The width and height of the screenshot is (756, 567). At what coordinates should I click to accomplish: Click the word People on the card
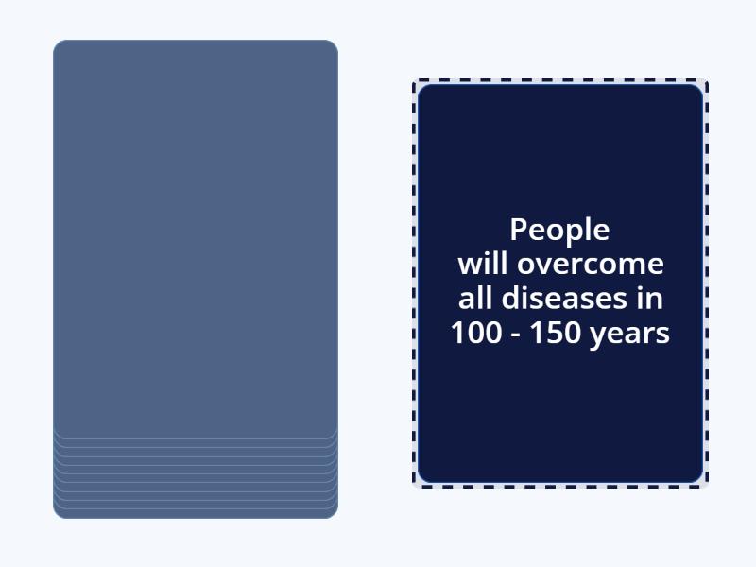pyautogui.click(x=559, y=230)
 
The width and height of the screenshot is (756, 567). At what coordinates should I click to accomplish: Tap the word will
pyautogui.click(x=483, y=264)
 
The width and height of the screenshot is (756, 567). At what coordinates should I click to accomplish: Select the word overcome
pyautogui.click(x=591, y=265)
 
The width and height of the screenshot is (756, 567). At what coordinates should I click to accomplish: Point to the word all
pyautogui.click(x=475, y=298)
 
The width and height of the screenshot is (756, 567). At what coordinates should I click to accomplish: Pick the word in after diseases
pyautogui.click(x=650, y=298)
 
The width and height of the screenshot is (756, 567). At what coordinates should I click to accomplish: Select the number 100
pyautogui.click(x=476, y=333)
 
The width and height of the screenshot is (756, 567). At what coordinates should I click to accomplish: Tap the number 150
pyautogui.click(x=556, y=333)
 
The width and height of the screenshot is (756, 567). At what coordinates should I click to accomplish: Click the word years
pyautogui.click(x=629, y=335)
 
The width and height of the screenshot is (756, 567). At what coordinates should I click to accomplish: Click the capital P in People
pyautogui.click(x=518, y=230)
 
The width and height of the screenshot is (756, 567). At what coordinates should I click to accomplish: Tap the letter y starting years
pyautogui.click(x=598, y=337)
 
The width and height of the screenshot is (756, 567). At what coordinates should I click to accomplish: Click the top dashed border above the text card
pyautogui.click(x=560, y=80)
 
